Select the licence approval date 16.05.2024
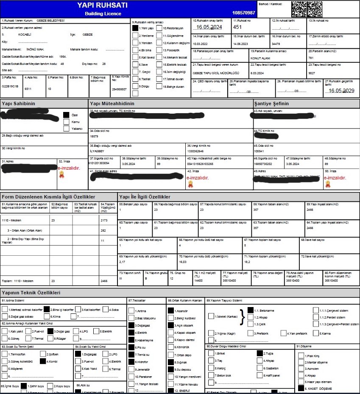(x=209, y=27)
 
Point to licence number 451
(x=237, y=27)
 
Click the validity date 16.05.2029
(x=340, y=91)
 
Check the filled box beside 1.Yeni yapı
(x=135, y=28)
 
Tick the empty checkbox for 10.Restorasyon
(x=159, y=28)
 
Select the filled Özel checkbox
(x=66, y=115)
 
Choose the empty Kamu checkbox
(x=66, y=121)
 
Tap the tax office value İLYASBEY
(x=97, y=151)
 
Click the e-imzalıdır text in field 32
(x=69, y=168)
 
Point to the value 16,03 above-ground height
(x=183, y=262)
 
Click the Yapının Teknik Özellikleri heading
(x=31, y=293)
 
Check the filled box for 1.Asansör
(x=170, y=310)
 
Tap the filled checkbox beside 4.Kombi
(x=42, y=361)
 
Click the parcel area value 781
(x=311, y=58)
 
